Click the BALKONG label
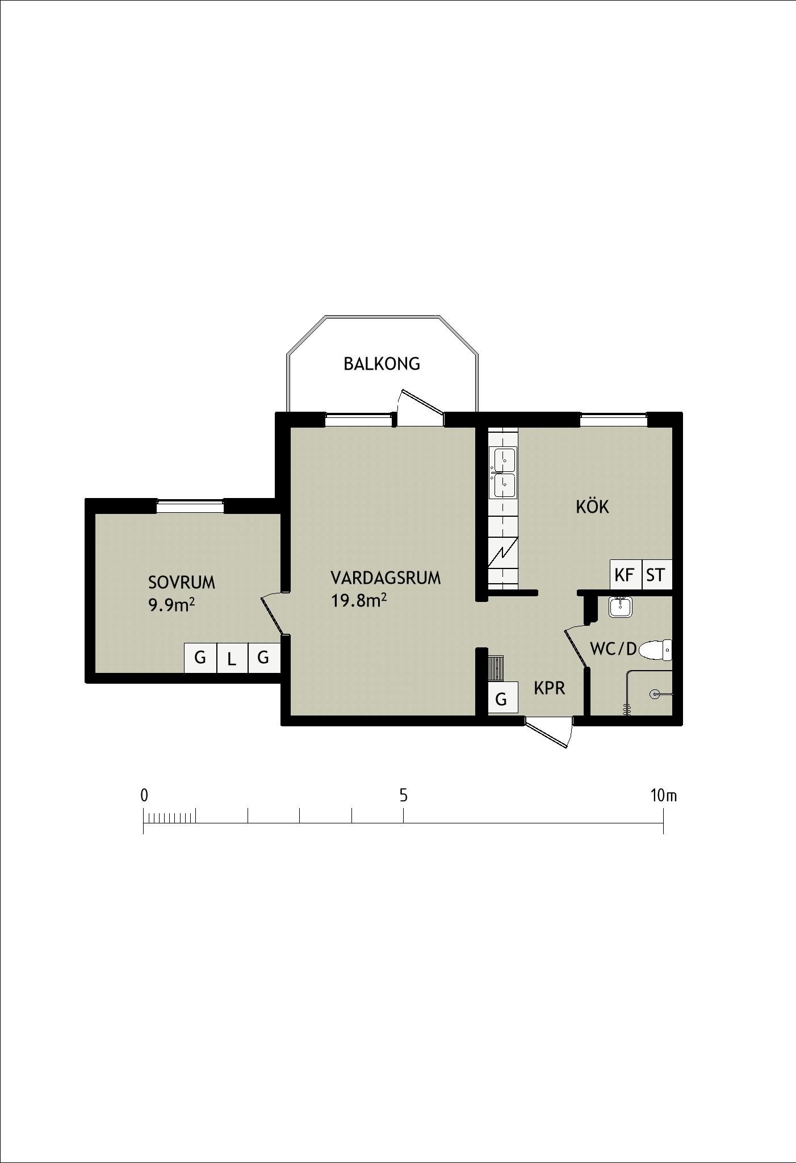[382, 363]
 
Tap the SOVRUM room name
[182, 583]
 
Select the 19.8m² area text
[359, 600]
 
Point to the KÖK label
[593, 506]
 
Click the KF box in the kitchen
[625, 575]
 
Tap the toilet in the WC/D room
[655, 650]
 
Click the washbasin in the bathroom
[621, 607]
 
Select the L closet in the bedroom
[232, 658]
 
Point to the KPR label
[550, 688]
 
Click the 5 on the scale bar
[403, 796]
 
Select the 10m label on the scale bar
[664, 796]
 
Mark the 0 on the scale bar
[144, 796]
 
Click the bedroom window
[190, 506]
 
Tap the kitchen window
[614, 420]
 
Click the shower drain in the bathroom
[655, 694]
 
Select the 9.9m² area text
[171, 605]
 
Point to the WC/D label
[614, 649]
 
